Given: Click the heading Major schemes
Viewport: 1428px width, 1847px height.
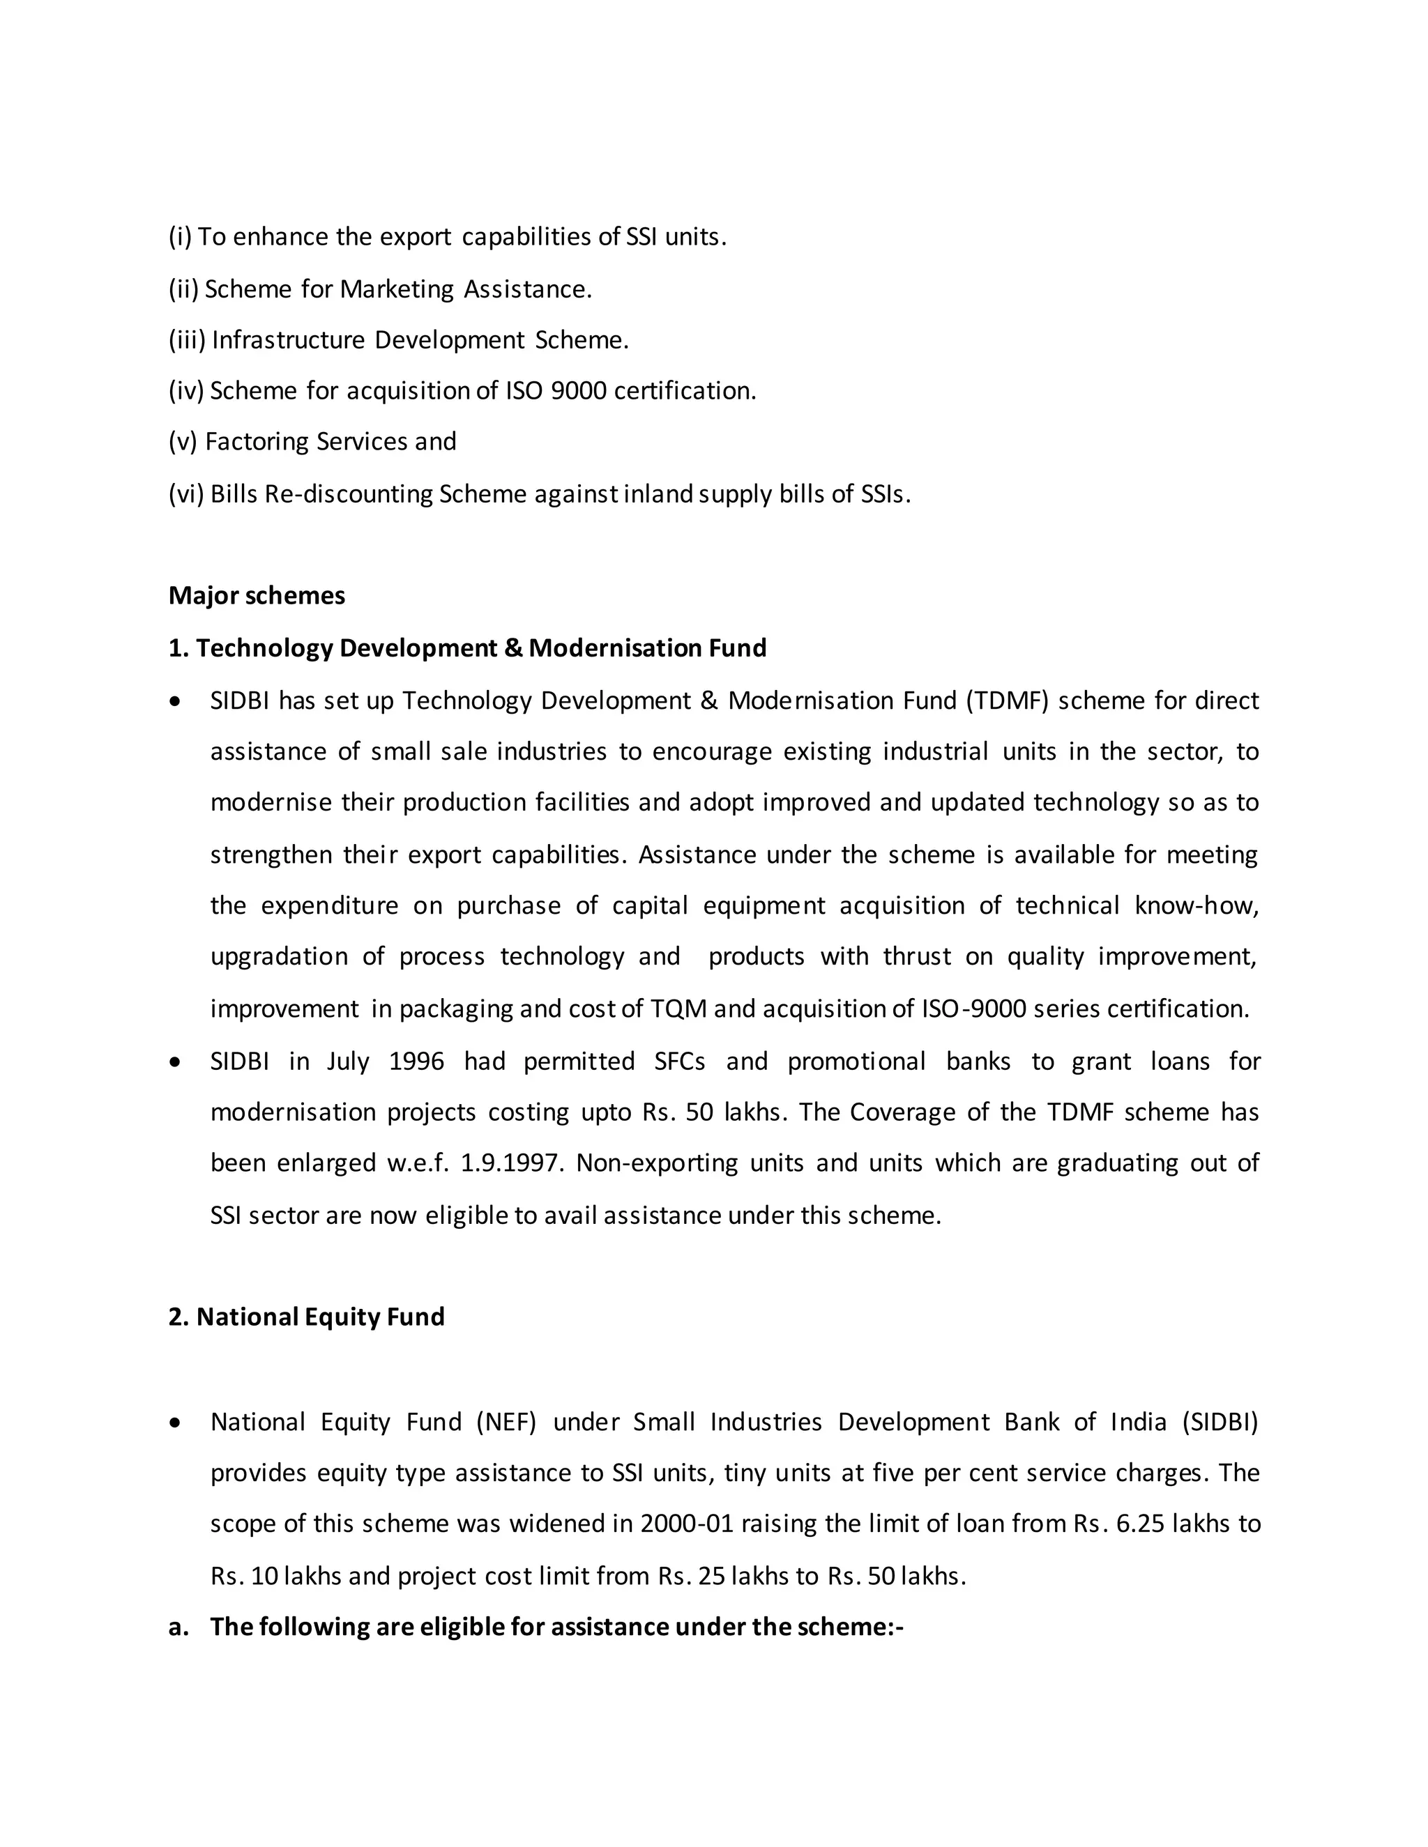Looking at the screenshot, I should click(257, 595).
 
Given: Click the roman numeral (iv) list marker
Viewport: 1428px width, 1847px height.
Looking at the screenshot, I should click(186, 391).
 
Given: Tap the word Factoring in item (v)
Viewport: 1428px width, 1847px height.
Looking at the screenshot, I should click(257, 441).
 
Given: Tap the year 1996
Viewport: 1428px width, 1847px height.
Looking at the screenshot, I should click(416, 1062).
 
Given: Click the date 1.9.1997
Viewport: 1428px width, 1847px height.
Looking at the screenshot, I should click(512, 1163).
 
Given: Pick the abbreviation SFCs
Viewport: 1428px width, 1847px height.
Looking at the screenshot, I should click(679, 1062).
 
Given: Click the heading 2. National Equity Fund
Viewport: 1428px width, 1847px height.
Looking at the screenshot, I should click(306, 1317).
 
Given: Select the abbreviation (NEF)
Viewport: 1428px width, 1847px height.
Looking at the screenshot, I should click(506, 1423).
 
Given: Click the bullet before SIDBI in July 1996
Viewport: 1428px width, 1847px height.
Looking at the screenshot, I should click(175, 1062).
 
